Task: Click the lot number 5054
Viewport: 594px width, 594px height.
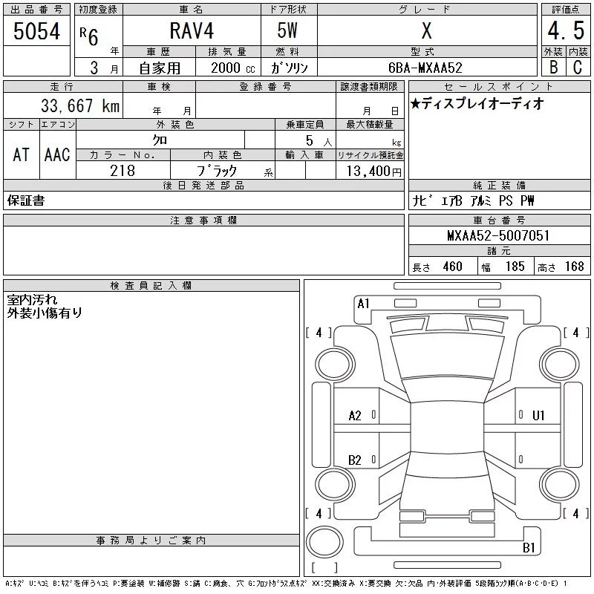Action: click(36, 31)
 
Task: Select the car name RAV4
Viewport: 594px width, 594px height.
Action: click(192, 30)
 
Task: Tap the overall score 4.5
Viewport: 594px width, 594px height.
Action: click(566, 30)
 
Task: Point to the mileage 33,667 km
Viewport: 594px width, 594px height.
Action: click(80, 105)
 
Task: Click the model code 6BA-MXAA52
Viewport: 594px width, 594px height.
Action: click(425, 68)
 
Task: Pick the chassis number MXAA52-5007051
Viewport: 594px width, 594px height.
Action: click(498, 235)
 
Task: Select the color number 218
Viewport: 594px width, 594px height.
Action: click(123, 171)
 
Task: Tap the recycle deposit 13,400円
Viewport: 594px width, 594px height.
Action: click(374, 172)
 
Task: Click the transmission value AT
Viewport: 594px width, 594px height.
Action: click(22, 154)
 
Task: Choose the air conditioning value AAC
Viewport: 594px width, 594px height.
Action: click(57, 154)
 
